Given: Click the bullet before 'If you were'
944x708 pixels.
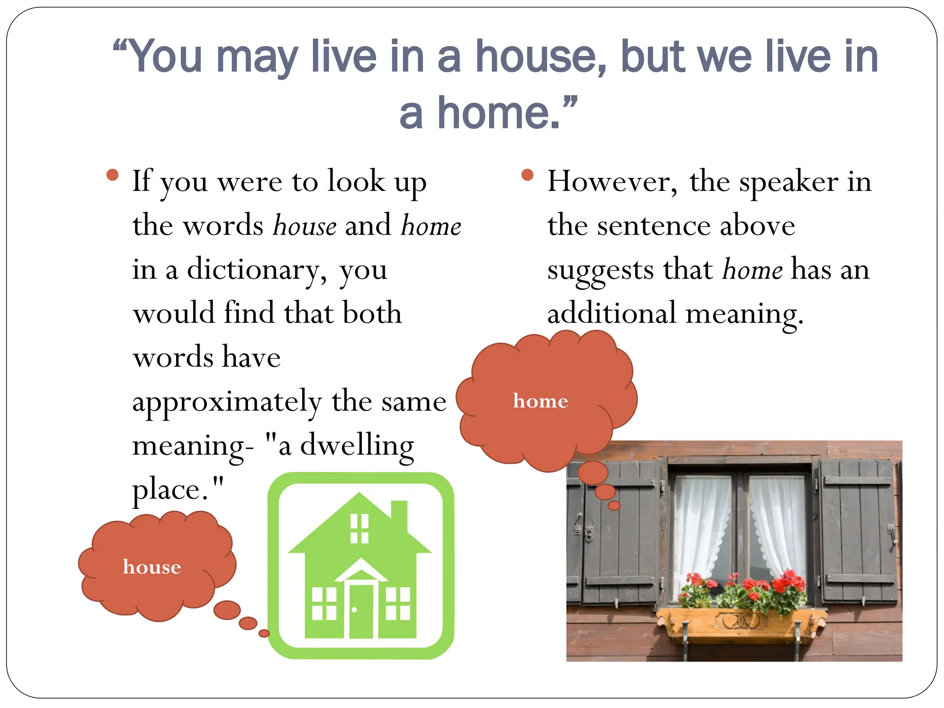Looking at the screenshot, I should pyautogui.click(x=112, y=175).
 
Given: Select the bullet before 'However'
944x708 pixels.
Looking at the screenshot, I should pyautogui.click(x=527, y=175).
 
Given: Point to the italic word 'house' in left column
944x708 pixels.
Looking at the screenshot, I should pyautogui.click(x=305, y=226).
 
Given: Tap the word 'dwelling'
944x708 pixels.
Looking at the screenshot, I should pyautogui.click(x=357, y=446).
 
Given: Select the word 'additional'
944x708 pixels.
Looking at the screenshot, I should pyautogui.click(x=611, y=313).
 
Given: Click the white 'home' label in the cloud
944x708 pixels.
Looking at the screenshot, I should pyautogui.click(x=540, y=401).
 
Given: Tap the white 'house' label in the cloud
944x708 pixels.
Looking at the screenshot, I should pyautogui.click(x=152, y=567).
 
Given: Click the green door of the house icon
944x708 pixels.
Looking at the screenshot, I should pyautogui.click(x=361, y=611).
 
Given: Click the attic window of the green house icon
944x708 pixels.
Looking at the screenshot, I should pyautogui.click(x=360, y=529).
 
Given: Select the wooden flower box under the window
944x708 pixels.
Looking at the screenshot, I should pyautogui.click(x=741, y=622).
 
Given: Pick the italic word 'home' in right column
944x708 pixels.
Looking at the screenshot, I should pyautogui.click(x=752, y=270).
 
